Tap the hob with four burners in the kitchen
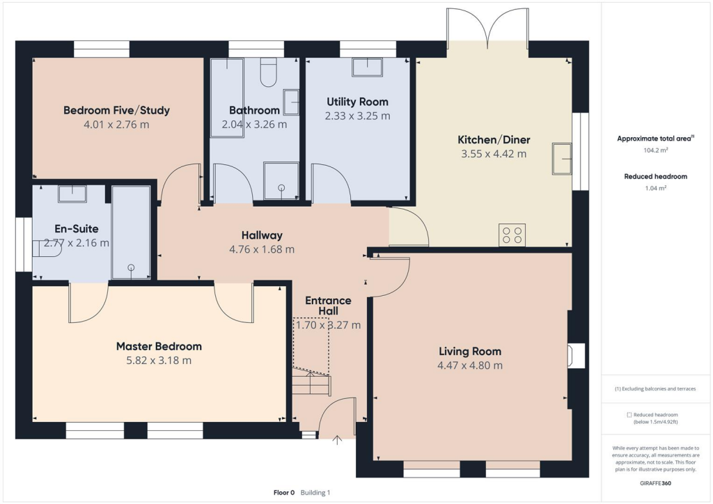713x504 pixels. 512,235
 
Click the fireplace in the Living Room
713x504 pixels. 576,356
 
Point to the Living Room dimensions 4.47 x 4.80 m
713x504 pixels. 470,365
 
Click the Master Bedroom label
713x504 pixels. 159,346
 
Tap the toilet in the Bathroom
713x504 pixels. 269,72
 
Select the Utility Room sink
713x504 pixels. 367,67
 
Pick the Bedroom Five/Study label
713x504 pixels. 116,110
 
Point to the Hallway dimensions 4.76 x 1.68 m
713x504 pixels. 262,249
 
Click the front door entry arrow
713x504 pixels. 338,440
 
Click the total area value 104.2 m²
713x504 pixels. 655,150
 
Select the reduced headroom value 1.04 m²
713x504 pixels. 655,188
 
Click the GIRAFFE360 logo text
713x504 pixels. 655,482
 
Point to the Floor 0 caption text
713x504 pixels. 284,493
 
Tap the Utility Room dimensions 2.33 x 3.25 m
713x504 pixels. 357,116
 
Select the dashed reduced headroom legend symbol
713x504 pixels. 629,414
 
